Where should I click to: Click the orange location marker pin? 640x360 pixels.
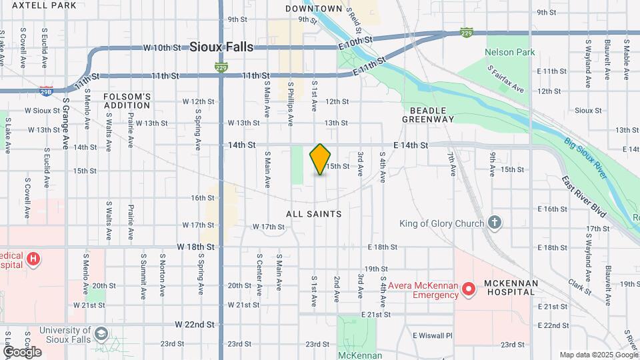point(321,159)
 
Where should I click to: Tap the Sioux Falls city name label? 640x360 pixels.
point(221,47)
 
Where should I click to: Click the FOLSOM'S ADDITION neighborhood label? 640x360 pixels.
point(127,101)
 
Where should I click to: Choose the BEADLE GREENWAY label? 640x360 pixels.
point(427,114)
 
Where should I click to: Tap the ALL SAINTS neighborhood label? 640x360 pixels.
point(313,214)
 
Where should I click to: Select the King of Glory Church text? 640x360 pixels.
point(442,223)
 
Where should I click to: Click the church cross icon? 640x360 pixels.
point(494,222)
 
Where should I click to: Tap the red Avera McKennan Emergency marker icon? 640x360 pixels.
point(469,289)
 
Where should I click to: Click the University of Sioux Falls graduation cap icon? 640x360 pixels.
point(101,333)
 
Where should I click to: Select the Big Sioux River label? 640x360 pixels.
point(587,158)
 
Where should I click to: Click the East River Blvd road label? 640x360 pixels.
point(583,197)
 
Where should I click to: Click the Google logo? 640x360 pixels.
point(22,351)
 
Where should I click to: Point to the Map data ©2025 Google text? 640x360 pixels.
point(598,355)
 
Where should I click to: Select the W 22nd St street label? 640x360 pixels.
point(195,325)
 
